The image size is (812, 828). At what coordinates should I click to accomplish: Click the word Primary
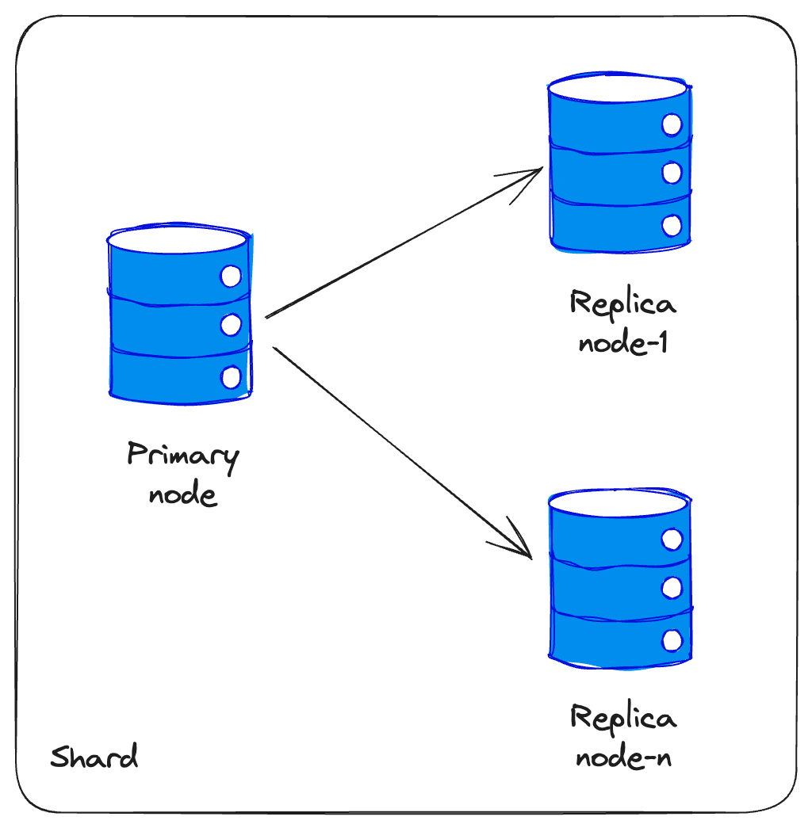[182, 457]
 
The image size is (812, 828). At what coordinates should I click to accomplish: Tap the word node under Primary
[182, 494]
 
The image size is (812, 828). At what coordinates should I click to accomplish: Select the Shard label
[94, 757]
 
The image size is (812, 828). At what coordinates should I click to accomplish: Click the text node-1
[622, 343]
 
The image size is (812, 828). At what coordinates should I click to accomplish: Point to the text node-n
[622, 758]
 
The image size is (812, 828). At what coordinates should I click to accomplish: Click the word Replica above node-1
[622, 305]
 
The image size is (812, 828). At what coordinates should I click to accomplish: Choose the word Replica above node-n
[622, 719]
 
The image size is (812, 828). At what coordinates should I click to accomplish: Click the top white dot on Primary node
[231, 277]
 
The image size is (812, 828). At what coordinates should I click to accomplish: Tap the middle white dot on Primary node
[231, 324]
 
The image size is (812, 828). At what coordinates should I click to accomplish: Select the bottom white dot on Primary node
[231, 377]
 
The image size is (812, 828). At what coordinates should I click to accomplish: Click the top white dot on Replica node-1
[672, 124]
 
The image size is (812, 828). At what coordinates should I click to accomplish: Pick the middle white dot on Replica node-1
[672, 172]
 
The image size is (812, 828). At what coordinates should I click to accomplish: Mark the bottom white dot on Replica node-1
[672, 225]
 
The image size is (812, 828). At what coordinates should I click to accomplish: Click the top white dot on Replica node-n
[672, 540]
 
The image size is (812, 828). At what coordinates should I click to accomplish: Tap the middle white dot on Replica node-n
[672, 587]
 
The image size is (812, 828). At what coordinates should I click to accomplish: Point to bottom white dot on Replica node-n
[672, 640]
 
